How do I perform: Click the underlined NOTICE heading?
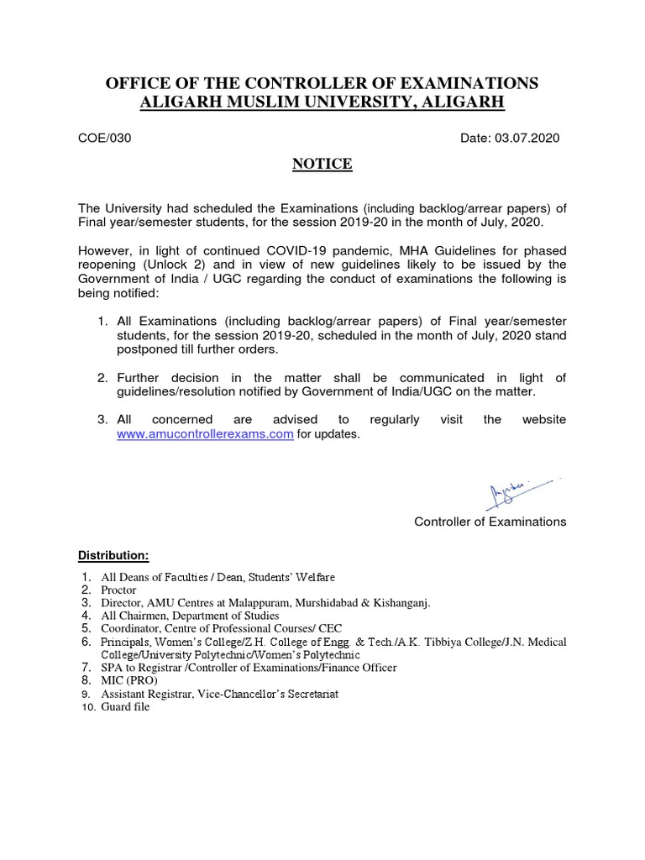pyautogui.click(x=322, y=164)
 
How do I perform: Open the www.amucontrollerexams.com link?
pyautogui.click(x=205, y=434)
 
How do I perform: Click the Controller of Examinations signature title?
pyautogui.click(x=490, y=522)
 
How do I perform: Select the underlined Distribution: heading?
pyautogui.click(x=113, y=556)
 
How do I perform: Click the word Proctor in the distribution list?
pyautogui.click(x=118, y=590)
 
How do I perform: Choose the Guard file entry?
pyautogui.click(x=125, y=707)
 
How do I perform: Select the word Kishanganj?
pyautogui.click(x=417, y=602)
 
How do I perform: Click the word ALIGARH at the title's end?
pyautogui.click(x=464, y=102)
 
